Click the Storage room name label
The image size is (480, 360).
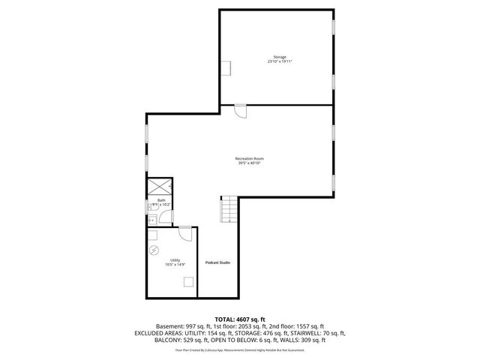point(279,57)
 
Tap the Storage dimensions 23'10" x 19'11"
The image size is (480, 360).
point(279,61)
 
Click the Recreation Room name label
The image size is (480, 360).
point(250,158)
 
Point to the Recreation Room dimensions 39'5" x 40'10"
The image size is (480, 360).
point(250,163)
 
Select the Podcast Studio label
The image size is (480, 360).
point(218,262)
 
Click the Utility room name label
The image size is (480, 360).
point(175,259)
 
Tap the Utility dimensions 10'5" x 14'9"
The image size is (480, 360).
point(175,265)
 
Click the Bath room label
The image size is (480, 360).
point(161,200)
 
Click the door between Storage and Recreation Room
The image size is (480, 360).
point(240,110)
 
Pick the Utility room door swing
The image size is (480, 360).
point(183,233)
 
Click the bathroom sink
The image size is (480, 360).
point(151,220)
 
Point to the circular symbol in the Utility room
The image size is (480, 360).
point(154,250)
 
